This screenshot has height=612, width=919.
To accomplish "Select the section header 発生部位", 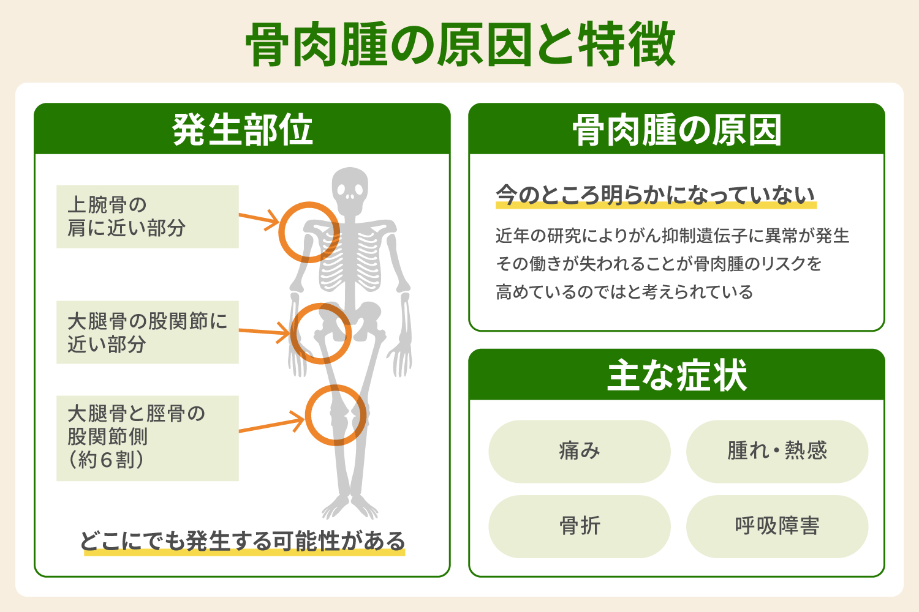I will tap(242, 130).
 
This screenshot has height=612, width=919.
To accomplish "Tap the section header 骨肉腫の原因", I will tap(676, 130).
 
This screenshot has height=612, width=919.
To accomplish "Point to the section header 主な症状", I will tap(676, 375).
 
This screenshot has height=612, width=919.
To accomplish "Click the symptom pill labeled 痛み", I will tap(579, 451).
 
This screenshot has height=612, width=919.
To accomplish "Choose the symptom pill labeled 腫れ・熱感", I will tap(777, 451).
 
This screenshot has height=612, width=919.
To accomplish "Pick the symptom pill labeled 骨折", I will tap(579, 526).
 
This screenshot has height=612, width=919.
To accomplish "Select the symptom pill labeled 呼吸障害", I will tap(777, 526).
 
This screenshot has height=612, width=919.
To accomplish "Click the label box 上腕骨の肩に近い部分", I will tap(147, 217).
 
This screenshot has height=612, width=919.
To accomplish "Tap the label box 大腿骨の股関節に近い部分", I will tap(147, 332).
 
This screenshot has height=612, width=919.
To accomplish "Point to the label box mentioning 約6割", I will tap(147, 438).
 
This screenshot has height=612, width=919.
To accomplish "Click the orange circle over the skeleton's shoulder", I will tap(309, 233).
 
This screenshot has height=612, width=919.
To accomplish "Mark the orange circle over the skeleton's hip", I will tap(320, 334).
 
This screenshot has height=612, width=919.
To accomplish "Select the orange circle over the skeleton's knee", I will tap(336, 415).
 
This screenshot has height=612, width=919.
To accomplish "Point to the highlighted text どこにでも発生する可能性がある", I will tap(243, 542).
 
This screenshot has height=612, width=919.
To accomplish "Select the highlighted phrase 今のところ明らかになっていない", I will tap(656, 196).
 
